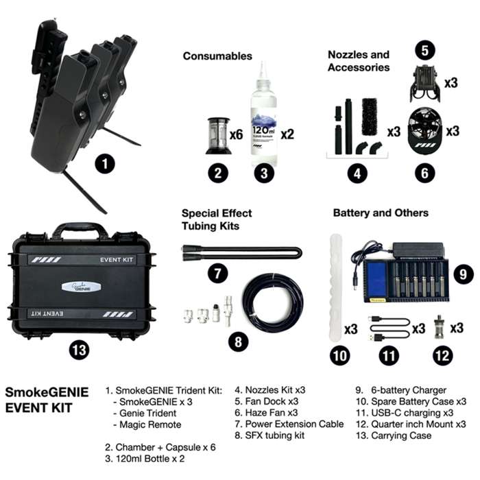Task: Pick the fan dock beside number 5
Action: [x=424, y=83]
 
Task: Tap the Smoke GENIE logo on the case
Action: [x=82, y=289]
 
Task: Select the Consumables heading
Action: [x=217, y=56]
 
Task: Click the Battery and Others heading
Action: [x=381, y=213]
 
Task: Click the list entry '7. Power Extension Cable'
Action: [x=289, y=424]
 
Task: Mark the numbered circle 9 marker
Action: [x=464, y=274]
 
